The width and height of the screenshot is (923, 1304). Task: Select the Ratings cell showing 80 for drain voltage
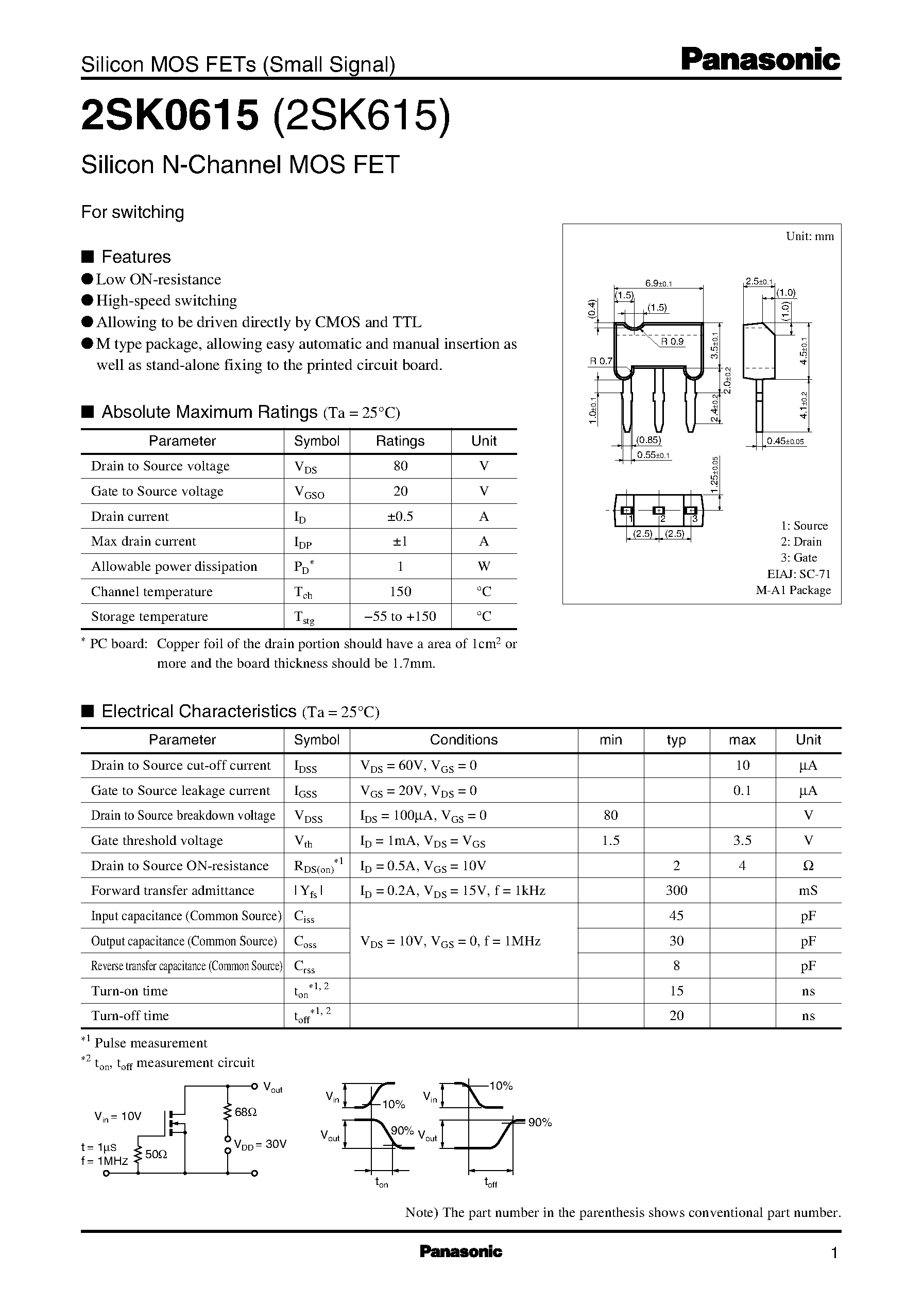pos(400,466)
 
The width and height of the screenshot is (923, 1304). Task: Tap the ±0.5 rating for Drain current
pos(400,516)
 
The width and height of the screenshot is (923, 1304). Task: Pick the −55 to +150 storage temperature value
pos(400,616)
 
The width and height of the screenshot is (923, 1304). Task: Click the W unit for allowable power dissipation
pos(484,566)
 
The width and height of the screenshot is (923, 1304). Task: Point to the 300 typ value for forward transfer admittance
pos(676,890)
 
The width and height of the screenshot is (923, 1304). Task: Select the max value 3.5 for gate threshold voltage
pos(742,840)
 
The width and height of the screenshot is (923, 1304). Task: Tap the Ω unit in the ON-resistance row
pos(808,865)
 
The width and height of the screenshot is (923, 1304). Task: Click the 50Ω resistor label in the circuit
pos(156,1154)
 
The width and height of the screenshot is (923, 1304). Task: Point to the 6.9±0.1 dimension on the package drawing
pos(658,283)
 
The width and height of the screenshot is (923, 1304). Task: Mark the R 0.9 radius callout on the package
pos(673,342)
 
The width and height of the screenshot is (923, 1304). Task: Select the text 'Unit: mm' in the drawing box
pos(809,236)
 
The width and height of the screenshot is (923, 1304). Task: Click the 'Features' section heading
pos(136,257)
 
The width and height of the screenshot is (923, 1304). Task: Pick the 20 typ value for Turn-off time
pos(676,1015)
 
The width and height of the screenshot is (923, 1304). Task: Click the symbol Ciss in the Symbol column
pos(304,917)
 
